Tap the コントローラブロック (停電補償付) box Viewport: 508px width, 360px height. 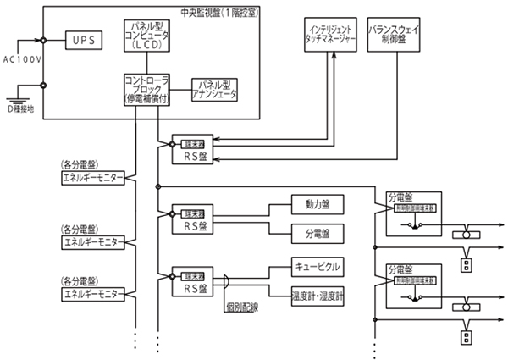(x=147, y=89)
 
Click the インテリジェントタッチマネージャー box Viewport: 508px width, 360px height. (x=332, y=36)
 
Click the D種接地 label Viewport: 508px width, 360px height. (x=23, y=108)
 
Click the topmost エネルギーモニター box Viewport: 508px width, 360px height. (x=92, y=178)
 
